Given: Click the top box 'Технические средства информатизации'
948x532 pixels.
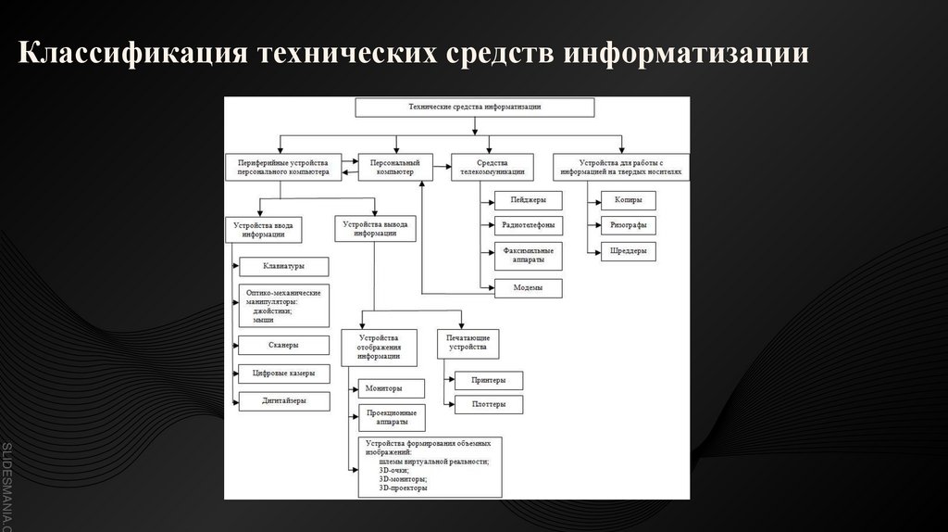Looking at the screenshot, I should point(475,108).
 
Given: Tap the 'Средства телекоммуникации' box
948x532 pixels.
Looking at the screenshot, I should point(493,167).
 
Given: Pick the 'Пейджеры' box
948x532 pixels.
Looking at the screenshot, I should point(529,199).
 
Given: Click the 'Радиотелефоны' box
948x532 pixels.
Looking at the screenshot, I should point(529,225).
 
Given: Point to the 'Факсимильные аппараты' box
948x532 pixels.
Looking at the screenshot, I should point(529,256).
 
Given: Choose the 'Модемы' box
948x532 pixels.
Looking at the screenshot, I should point(529,288).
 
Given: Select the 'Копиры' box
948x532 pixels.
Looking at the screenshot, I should point(628,199).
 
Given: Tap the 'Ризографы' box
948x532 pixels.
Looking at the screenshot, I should point(628,225).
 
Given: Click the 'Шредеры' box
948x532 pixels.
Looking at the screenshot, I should point(628,251).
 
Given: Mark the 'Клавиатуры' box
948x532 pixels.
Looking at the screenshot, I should point(283,267).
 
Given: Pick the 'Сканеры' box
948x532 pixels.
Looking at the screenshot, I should point(283,345).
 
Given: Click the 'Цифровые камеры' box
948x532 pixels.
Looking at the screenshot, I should point(283,374).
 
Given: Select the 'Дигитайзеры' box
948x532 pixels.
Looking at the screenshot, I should point(283,401).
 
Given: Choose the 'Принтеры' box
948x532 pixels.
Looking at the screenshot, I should point(488,380).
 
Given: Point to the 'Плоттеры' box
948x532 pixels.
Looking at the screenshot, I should point(488,404).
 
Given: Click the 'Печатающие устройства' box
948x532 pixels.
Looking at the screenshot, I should point(468,344).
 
